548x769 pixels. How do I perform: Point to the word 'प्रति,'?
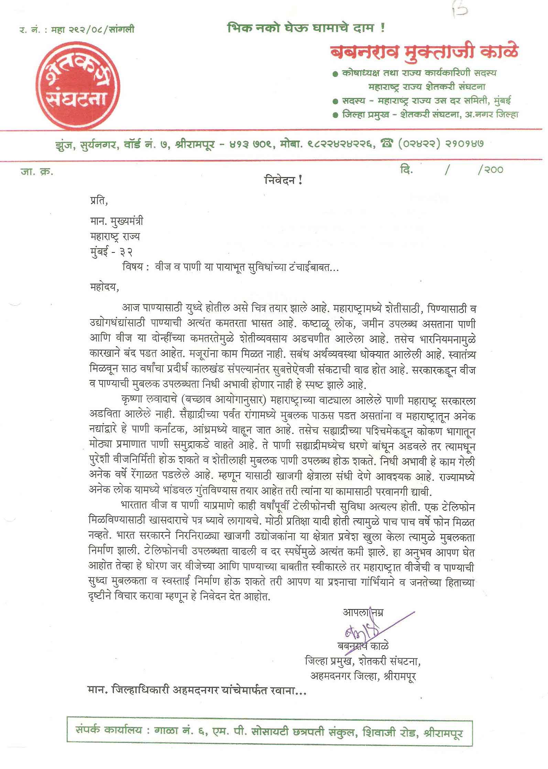coord(99,201)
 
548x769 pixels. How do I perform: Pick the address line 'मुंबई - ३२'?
coord(111,252)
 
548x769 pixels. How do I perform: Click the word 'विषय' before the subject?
coord(132,267)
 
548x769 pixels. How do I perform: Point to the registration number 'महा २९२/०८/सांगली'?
coord(92,30)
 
